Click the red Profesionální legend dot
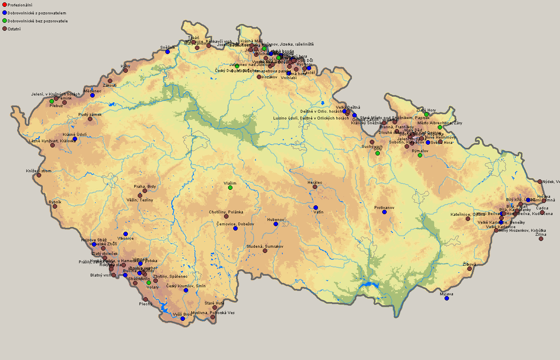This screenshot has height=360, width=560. click(x=5, y=5)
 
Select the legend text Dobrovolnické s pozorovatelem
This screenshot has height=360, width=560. click(x=37, y=13)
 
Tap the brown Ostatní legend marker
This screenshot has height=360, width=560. click(x=5, y=29)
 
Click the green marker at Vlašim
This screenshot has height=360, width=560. click(x=230, y=187)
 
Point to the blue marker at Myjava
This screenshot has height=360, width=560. click(x=447, y=298)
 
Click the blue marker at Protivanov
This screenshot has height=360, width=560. click(x=384, y=212)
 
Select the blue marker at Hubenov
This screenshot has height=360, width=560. click(x=276, y=224)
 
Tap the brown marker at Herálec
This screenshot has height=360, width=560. click(x=315, y=187)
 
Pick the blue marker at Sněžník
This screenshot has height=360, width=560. click(x=167, y=52)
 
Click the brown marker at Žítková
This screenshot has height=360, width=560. click(x=469, y=269)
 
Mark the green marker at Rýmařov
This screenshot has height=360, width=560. click(x=420, y=155)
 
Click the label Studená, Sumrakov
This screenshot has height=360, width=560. click(x=264, y=247)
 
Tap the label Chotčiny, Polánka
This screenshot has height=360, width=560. click(x=226, y=212)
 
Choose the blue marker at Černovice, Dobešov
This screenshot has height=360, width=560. click(x=235, y=228)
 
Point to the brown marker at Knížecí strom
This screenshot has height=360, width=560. click(x=39, y=175)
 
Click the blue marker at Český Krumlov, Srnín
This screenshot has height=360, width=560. click(x=186, y=290)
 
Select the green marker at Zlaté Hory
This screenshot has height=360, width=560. click(x=426, y=114)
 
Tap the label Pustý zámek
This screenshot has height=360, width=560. click(x=90, y=115)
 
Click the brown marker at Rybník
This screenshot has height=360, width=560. click(x=55, y=206)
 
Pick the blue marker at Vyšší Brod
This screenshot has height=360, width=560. click(x=183, y=318)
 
